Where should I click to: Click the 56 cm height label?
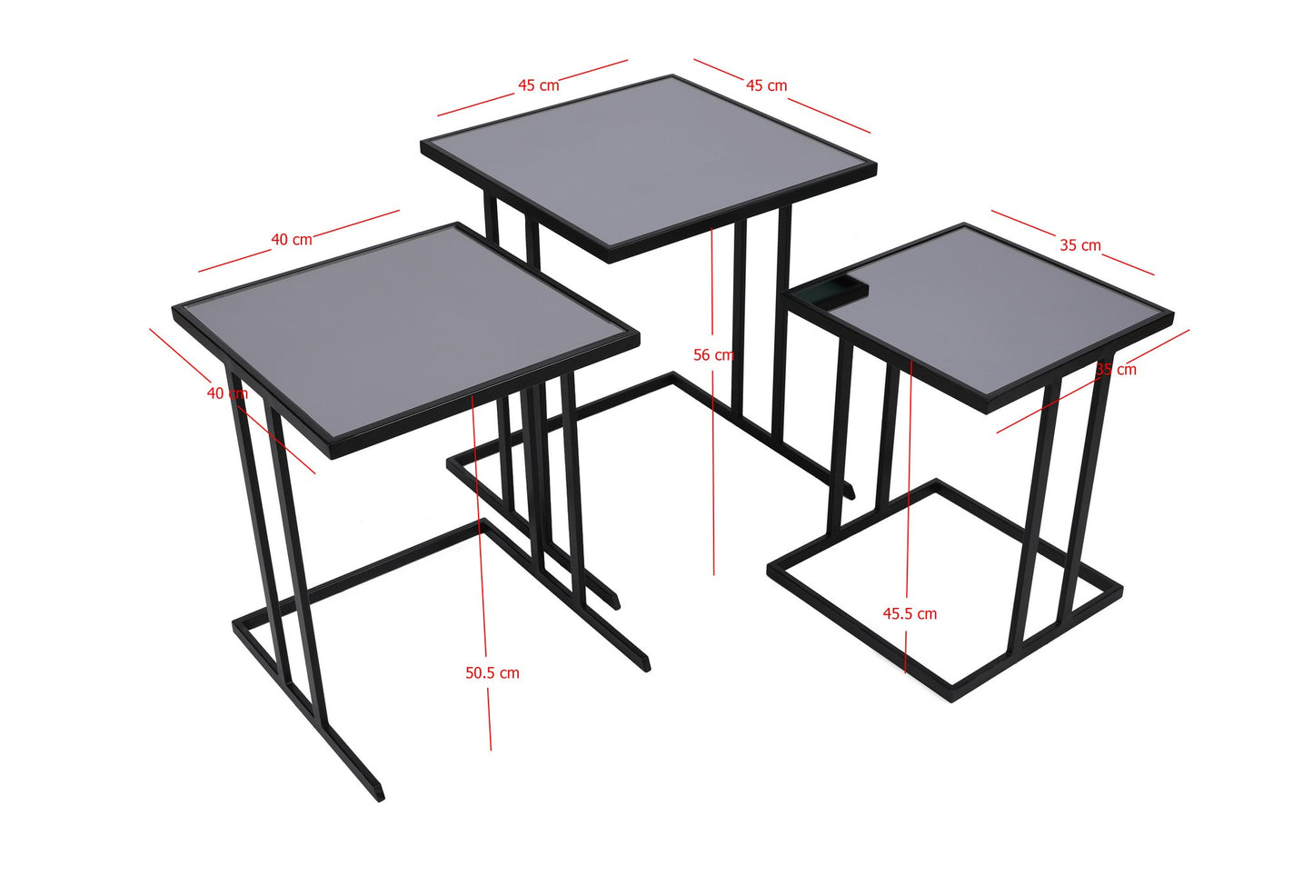pos(713,354)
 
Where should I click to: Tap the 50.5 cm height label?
pos(492,672)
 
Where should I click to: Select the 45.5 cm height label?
pos(910,613)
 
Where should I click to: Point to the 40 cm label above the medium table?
pos(292,240)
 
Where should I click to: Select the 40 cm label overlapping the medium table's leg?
pos(227,393)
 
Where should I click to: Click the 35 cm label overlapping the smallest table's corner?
pos(1116,370)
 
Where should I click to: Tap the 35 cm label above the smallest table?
pos(1080,245)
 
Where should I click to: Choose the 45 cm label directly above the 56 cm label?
pos(766,85)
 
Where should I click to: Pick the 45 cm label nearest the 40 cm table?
pos(539,85)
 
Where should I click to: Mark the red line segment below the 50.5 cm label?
pos(490,719)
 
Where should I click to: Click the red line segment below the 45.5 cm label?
pos(906,651)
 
